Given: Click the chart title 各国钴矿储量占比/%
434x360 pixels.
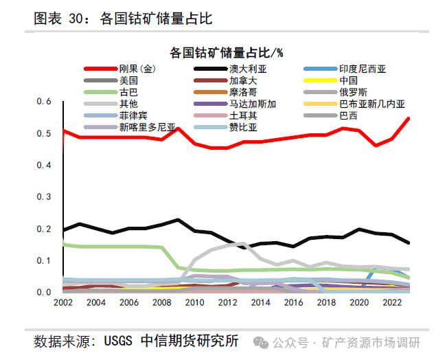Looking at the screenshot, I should point(227,52).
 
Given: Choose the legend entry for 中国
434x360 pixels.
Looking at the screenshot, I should point(348,80).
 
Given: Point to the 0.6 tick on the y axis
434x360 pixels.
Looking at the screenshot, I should point(44,102).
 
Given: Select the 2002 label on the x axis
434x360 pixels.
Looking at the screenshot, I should point(63,303).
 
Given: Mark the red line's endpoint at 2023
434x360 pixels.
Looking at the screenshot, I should point(409,118).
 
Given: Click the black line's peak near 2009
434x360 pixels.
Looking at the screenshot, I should point(178,220).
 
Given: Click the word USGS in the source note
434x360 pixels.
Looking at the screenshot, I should point(119,341).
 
